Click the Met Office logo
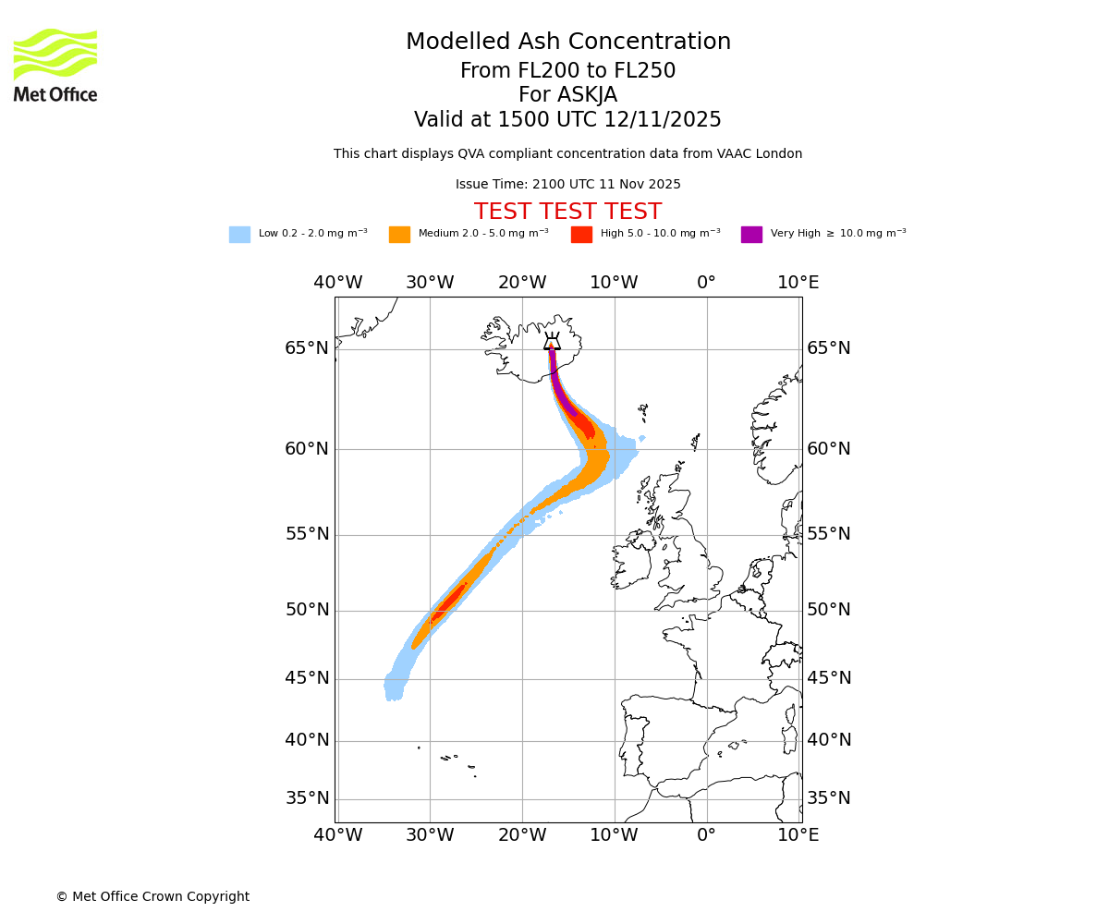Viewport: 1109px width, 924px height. tap(55, 66)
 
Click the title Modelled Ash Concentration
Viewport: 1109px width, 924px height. tap(567, 43)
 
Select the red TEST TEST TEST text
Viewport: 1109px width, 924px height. tap(567, 213)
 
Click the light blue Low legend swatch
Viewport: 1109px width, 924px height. tap(239, 235)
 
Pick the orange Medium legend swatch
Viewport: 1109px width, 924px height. tap(399, 235)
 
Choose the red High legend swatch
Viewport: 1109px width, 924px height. tap(581, 235)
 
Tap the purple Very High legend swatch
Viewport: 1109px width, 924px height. tap(751, 235)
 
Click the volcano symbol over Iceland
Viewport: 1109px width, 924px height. tap(552, 341)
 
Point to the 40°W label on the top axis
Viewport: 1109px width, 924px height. tap(337, 283)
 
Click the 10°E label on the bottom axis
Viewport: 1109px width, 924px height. tap(798, 835)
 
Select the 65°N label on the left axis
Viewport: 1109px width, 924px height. tap(307, 348)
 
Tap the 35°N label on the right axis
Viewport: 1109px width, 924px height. tap(829, 798)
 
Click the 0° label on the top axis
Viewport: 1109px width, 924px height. tap(706, 283)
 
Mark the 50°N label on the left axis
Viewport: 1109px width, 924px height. tap(307, 610)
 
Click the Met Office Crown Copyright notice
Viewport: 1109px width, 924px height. tap(152, 897)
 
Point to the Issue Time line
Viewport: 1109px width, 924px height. tap(567, 185)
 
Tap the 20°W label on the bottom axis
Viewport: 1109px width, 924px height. tap(522, 835)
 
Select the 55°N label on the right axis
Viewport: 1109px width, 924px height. tap(829, 534)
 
